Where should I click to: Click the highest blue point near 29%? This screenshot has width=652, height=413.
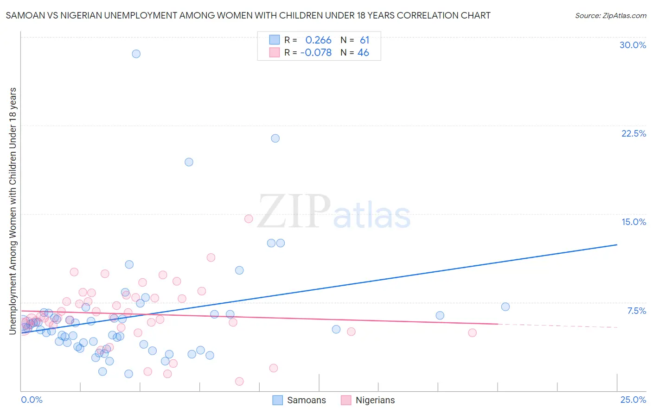(136, 54)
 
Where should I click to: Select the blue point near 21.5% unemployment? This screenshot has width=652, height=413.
(275, 138)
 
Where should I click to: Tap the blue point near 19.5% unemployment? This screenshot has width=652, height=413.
(189, 162)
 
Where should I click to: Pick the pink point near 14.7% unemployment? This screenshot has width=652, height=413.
(249, 219)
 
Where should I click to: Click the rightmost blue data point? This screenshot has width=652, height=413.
(505, 307)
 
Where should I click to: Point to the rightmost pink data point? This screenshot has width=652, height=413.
(472, 332)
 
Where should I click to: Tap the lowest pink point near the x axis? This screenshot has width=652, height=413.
(239, 382)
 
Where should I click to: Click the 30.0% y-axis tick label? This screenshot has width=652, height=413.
(633, 45)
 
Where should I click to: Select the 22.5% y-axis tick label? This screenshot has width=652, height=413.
(633, 134)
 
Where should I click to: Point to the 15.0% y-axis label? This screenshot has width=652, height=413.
(633, 222)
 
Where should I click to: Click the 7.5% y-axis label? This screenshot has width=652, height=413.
(636, 311)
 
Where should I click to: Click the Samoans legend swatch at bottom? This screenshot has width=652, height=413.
(277, 400)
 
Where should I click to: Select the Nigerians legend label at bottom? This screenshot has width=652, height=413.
(375, 400)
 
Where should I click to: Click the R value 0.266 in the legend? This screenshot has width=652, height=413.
(318, 40)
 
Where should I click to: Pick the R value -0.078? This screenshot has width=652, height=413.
(316, 53)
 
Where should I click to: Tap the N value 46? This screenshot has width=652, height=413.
(363, 53)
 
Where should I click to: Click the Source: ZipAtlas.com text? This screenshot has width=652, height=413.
(610, 16)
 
